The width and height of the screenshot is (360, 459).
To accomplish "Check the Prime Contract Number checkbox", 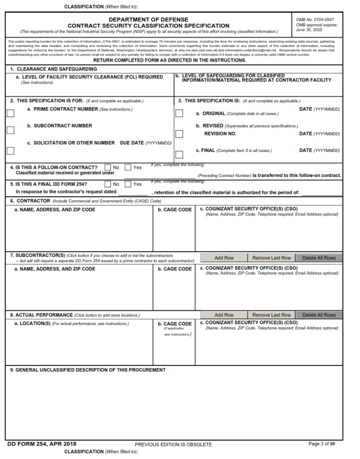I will pyautogui.click(x=10, y=113).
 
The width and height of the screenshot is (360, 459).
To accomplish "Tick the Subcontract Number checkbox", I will pyautogui.click(x=10, y=130).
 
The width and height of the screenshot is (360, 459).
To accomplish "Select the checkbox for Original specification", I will pyautogui.click(x=179, y=113).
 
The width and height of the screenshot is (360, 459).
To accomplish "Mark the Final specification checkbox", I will pyautogui.click(x=179, y=155).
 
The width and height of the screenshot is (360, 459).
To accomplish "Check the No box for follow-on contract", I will pyautogui.click(x=108, y=167).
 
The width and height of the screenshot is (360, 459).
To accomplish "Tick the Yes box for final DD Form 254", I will pyautogui.click(x=128, y=184).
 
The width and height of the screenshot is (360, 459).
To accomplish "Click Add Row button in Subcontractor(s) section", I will pyautogui.click(x=224, y=258).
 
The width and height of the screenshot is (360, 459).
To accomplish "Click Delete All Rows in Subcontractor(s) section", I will pyautogui.click(x=319, y=258).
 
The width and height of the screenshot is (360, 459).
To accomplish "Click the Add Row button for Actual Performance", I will pyautogui.click(x=224, y=315).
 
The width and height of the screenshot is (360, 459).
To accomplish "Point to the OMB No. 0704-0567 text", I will pyautogui.click(x=315, y=20).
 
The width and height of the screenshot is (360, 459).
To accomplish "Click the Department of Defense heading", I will pyautogui.click(x=148, y=20).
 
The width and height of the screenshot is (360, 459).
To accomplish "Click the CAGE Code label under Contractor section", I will pyautogui.click(x=174, y=210).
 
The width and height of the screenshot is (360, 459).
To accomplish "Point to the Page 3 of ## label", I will pyautogui.click(x=322, y=444).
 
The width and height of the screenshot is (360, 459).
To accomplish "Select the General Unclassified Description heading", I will pyautogui.click(x=88, y=370).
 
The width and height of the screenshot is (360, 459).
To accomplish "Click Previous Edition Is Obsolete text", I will pyautogui.click(x=174, y=445).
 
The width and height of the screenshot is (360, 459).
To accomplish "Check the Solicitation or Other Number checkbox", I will pyautogui.click(x=10, y=151).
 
